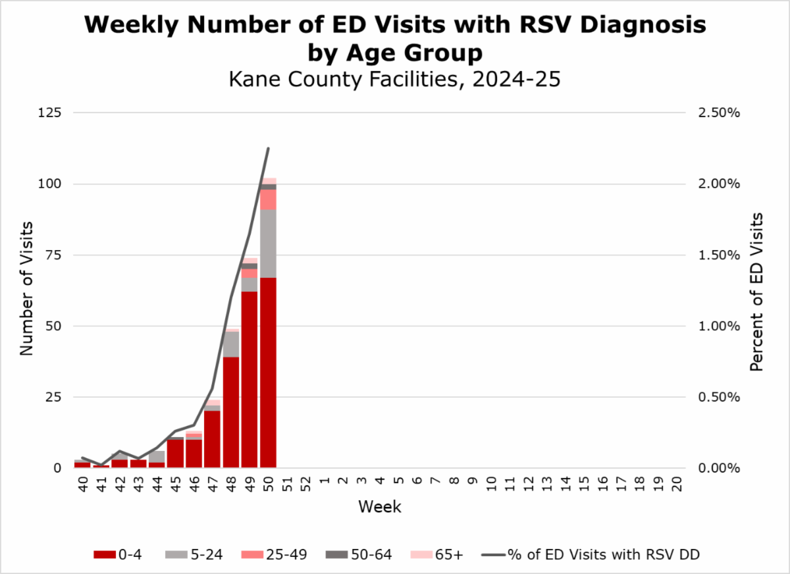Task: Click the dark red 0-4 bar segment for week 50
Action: click(268, 372)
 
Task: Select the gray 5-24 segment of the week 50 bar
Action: click(268, 244)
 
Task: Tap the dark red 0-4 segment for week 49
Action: click(250, 378)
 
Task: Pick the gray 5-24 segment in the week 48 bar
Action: click(231, 344)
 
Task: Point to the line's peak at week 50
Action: click(268, 149)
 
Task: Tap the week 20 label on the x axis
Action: click(676, 484)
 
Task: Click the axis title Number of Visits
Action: click(26, 290)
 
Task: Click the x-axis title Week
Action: click(379, 508)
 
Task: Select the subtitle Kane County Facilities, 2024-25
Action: click(394, 80)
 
